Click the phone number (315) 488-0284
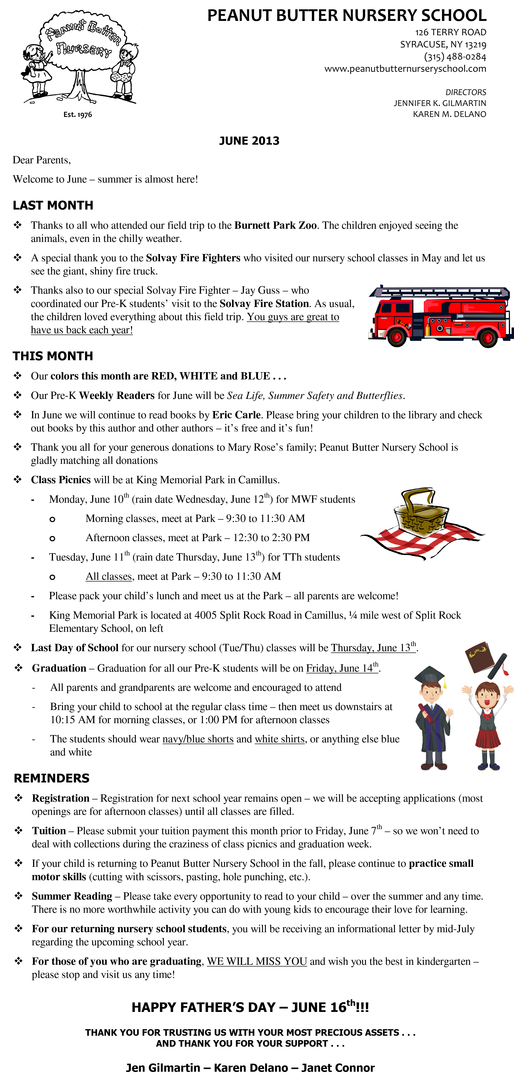pyautogui.click(x=455, y=57)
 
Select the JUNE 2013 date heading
pyautogui.click(x=249, y=141)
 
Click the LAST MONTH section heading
pyautogui.click(x=53, y=205)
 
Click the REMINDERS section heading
pyautogui.click(x=52, y=778)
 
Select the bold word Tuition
pyautogui.click(x=49, y=831)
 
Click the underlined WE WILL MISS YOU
pyautogui.click(x=257, y=961)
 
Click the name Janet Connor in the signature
pyautogui.click(x=338, y=1068)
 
